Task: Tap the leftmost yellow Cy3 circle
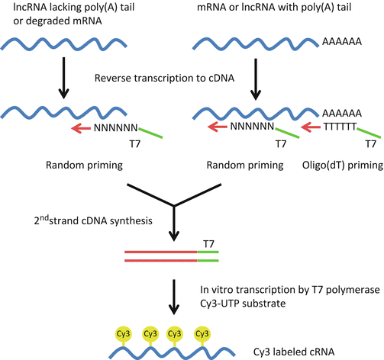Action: point(122,312)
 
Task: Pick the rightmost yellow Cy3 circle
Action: point(202,312)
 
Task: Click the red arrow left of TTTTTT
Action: point(311,128)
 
